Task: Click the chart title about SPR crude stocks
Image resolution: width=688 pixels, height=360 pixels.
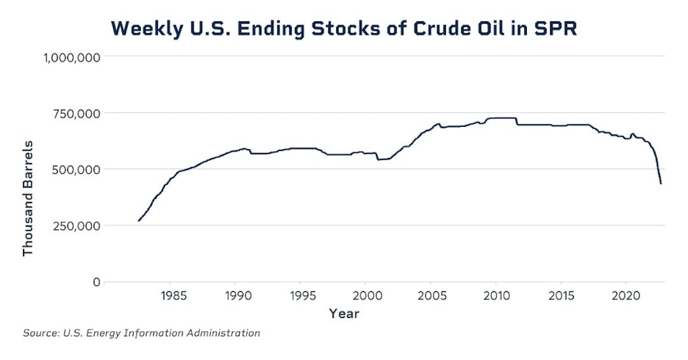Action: click(344, 29)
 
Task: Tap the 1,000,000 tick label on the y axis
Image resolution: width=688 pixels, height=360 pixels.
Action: click(71, 57)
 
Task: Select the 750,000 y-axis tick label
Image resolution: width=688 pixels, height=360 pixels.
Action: click(75, 113)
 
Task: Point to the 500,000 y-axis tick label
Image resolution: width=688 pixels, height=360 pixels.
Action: click(75, 169)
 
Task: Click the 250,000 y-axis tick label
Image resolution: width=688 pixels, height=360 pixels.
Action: click(75, 226)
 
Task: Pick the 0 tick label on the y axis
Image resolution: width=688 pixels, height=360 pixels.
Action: click(96, 282)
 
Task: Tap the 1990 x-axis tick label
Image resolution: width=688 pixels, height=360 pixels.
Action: click(235, 296)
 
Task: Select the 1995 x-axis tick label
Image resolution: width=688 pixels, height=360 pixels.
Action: click(300, 296)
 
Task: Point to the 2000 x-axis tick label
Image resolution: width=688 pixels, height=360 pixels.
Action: click(365, 296)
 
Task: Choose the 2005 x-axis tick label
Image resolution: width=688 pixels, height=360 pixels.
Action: click(430, 296)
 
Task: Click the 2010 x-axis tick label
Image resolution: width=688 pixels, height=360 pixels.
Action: click(495, 296)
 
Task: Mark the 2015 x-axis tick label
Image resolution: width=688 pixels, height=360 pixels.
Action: click(560, 296)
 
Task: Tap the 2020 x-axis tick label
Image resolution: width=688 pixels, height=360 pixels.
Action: click(625, 296)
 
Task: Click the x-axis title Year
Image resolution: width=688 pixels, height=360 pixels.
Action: click(344, 313)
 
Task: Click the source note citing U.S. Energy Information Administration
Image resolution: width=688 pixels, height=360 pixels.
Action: click(141, 333)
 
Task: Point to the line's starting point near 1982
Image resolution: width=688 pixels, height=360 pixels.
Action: click(139, 220)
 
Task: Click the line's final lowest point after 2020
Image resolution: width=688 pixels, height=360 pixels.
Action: click(661, 184)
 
